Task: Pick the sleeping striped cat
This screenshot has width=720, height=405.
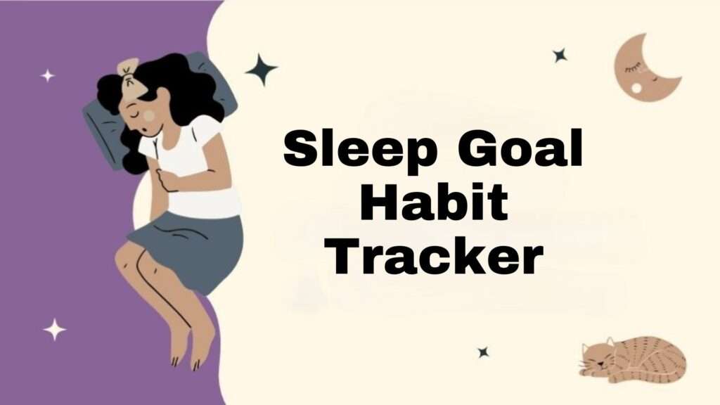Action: (634, 359)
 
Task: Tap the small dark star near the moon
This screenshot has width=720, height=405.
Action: (560, 55)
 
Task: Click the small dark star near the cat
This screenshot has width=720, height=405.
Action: (483, 352)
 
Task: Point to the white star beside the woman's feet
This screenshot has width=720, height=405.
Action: (54, 328)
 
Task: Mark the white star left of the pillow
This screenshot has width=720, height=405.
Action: (47, 75)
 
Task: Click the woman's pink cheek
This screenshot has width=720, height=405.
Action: (149, 115)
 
